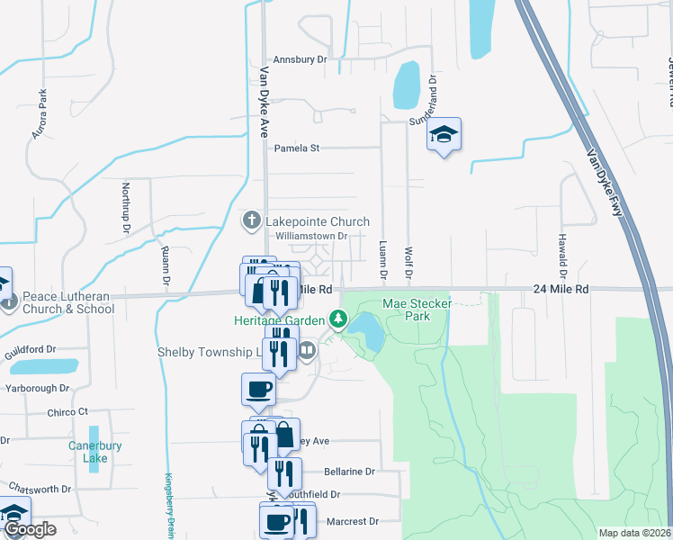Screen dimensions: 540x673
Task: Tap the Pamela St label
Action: pos(297,148)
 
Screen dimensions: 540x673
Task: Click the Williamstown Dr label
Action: pos(311,237)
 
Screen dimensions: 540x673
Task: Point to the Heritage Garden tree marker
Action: pos(338,319)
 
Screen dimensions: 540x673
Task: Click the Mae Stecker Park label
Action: pos(417,310)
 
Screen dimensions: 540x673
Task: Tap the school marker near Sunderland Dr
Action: pos(444,135)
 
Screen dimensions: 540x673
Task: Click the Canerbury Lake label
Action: pos(88,452)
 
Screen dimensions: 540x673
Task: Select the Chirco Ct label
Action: pos(69,411)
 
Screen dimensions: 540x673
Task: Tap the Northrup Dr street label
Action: pos(126,208)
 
